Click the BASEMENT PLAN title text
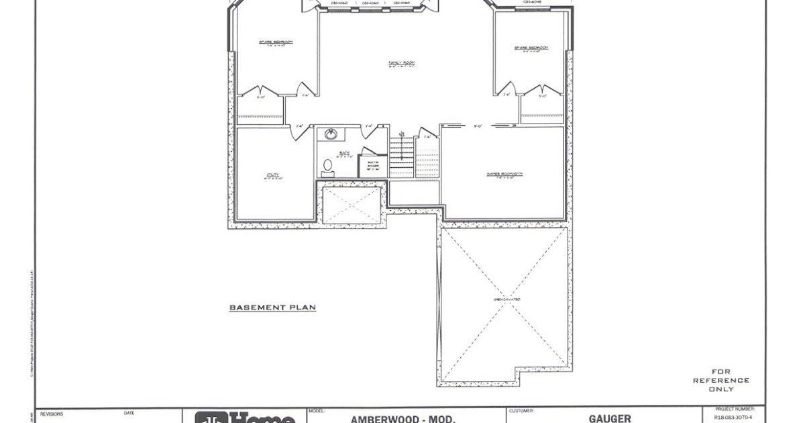click(x=272, y=308)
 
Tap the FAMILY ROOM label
click(x=401, y=64)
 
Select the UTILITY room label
click(x=273, y=177)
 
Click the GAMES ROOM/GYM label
click(x=504, y=174)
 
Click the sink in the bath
click(x=331, y=134)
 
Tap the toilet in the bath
click(x=327, y=165)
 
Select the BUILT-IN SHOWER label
click(x=372, y=165)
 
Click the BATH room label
click(x=344, y=153)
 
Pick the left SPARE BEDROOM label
click(x=276, y=42)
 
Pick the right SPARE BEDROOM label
click(x=531, y=48)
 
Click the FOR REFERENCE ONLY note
click(x=721, y=380)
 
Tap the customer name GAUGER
click(x=610, y=418)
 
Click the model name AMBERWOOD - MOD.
click(x=402, y=419)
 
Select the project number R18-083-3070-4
click(x=733, y=417)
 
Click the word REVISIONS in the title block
click(x=52, y=414)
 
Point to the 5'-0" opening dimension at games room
click(x=478, y=126)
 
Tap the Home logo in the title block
click(x=245, y=418)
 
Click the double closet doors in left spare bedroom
click(x=260, y=91)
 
